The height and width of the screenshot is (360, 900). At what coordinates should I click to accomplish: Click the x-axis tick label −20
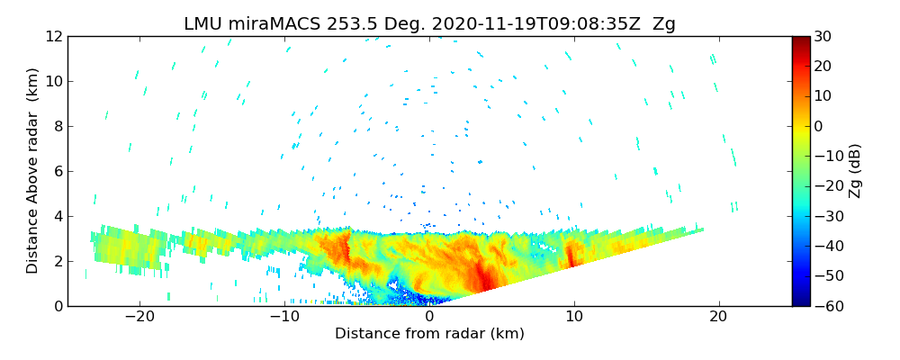click(x=139, y=317)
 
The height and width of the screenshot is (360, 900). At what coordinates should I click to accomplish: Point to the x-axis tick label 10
click(x=574, y=317)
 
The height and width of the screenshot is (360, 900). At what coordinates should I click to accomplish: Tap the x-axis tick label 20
click(x=718, y=317)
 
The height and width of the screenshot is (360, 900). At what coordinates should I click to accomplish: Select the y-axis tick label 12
click(x=53, y=36)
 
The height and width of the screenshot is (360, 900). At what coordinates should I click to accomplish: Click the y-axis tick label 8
click(x=57, y=126)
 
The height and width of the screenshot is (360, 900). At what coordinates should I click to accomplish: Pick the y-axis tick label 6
click(x=57, y=171)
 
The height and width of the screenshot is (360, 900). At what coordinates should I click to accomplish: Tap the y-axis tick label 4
click(x=57, y=216)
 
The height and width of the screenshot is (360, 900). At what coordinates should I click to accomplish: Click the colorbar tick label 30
click(x=823, y=36)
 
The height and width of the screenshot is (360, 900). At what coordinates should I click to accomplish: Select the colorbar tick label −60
click(x=826, y=306)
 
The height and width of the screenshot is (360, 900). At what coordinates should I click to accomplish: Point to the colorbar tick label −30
click(x=826, y=216)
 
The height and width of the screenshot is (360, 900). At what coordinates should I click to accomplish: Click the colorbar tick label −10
click(x=826, y=156)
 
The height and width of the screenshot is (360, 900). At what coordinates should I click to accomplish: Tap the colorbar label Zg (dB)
click(x=855, y=171)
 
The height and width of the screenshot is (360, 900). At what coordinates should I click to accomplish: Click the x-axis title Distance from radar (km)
click(x=429, y=334)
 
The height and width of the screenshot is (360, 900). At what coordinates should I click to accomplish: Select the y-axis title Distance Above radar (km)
click(x=32, y=171)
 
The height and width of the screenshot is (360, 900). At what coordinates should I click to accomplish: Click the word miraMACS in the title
click(x=275, y=24)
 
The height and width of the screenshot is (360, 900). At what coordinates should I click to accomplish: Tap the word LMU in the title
click(x=204, y=24)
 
